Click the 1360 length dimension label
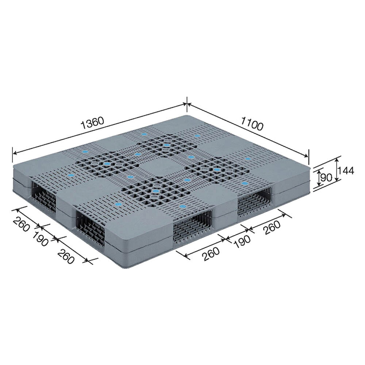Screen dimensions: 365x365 [x=92, y=123]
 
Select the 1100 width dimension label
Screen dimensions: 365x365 [x=252, y=123]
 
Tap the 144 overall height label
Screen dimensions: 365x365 [x=346, y=171]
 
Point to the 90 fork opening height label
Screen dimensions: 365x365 [x=326, y=178]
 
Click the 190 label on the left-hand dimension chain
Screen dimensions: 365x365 [x=40, y=239]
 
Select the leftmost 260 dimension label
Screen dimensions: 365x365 [x=22, y=224]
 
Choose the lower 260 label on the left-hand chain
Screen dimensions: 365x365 [x=66, y=256]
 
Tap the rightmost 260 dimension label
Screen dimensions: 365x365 [x=272, y=227]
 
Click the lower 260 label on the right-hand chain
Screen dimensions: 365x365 [x=211, y=254]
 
